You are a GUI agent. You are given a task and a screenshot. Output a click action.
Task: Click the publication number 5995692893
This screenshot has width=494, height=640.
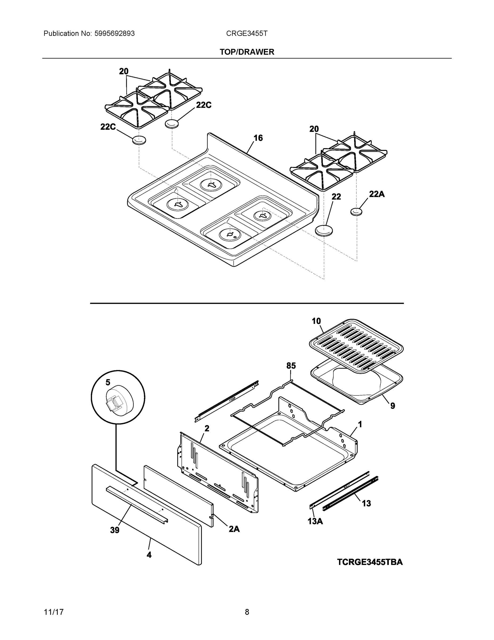pos(115,33)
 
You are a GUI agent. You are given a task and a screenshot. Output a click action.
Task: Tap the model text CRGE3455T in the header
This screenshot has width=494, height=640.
pos(246,33)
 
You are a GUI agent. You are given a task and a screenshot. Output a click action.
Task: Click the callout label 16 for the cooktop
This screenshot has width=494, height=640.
pos(258,138)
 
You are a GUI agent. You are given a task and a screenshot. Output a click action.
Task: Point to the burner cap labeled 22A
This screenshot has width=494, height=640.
pos(356,211)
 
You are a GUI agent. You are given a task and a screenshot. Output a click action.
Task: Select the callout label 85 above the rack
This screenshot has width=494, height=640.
pos(291,365)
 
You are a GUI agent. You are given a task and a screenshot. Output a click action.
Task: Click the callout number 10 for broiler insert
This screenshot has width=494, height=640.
pos(316,321)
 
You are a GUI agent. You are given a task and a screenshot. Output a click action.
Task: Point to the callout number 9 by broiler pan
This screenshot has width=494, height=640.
pos(393,406)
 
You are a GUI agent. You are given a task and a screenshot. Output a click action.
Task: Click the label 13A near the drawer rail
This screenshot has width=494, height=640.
pos(315,521)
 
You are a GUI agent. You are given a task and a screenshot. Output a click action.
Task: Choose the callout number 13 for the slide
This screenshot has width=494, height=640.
pos(366,503)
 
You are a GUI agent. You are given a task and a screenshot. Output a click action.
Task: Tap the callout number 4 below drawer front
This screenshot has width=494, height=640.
pos(149,554)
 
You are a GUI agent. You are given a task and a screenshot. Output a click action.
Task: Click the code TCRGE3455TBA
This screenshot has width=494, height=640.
pos(370,562)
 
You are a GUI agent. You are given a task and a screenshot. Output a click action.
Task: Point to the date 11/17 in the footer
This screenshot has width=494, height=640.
pos(54,612)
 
